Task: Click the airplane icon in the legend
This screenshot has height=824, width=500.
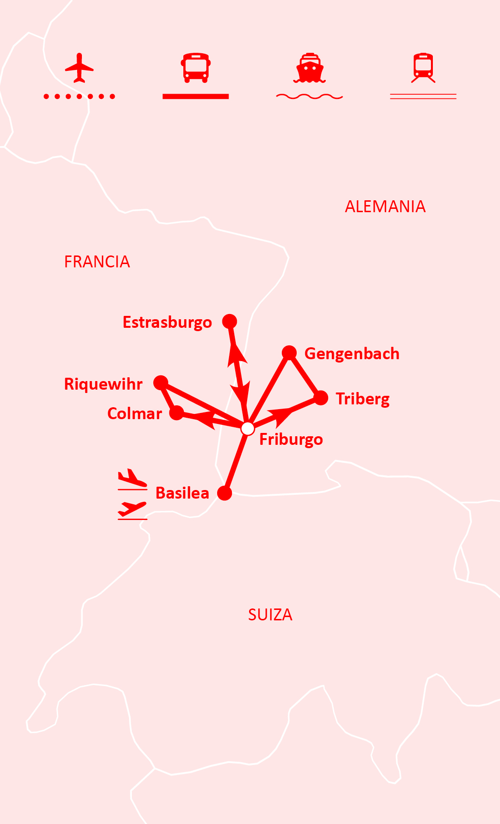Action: click(79, 68)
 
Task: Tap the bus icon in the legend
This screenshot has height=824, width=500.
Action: click(195, 68)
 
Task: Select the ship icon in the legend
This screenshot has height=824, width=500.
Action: click(310, 68)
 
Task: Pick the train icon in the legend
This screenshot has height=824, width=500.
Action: click(423, 68)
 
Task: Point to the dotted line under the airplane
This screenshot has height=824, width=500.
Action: click(79, 97)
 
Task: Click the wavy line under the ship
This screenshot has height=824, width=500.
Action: click(310, 97)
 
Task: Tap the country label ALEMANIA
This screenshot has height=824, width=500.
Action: click(385, 206)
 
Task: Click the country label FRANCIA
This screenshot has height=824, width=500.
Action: click(97, 262)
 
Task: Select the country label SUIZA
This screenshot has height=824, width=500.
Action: click(270, 615)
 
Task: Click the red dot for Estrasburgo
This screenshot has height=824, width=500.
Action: click(230, 321)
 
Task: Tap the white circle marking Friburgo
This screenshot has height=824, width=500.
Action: click(248, 429)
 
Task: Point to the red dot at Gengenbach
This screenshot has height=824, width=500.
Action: click(289, 353)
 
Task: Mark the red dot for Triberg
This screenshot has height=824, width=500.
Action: click(321, 398)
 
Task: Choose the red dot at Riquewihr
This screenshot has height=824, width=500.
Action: click(160, 382)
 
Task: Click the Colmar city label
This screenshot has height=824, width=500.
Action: click(135, 413)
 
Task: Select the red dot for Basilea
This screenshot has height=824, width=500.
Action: click(224, 493)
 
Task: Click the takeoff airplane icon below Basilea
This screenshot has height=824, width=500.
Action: click(132, 509)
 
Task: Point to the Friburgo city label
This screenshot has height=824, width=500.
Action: click(291, 439)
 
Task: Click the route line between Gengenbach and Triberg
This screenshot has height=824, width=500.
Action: click(305, 375)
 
